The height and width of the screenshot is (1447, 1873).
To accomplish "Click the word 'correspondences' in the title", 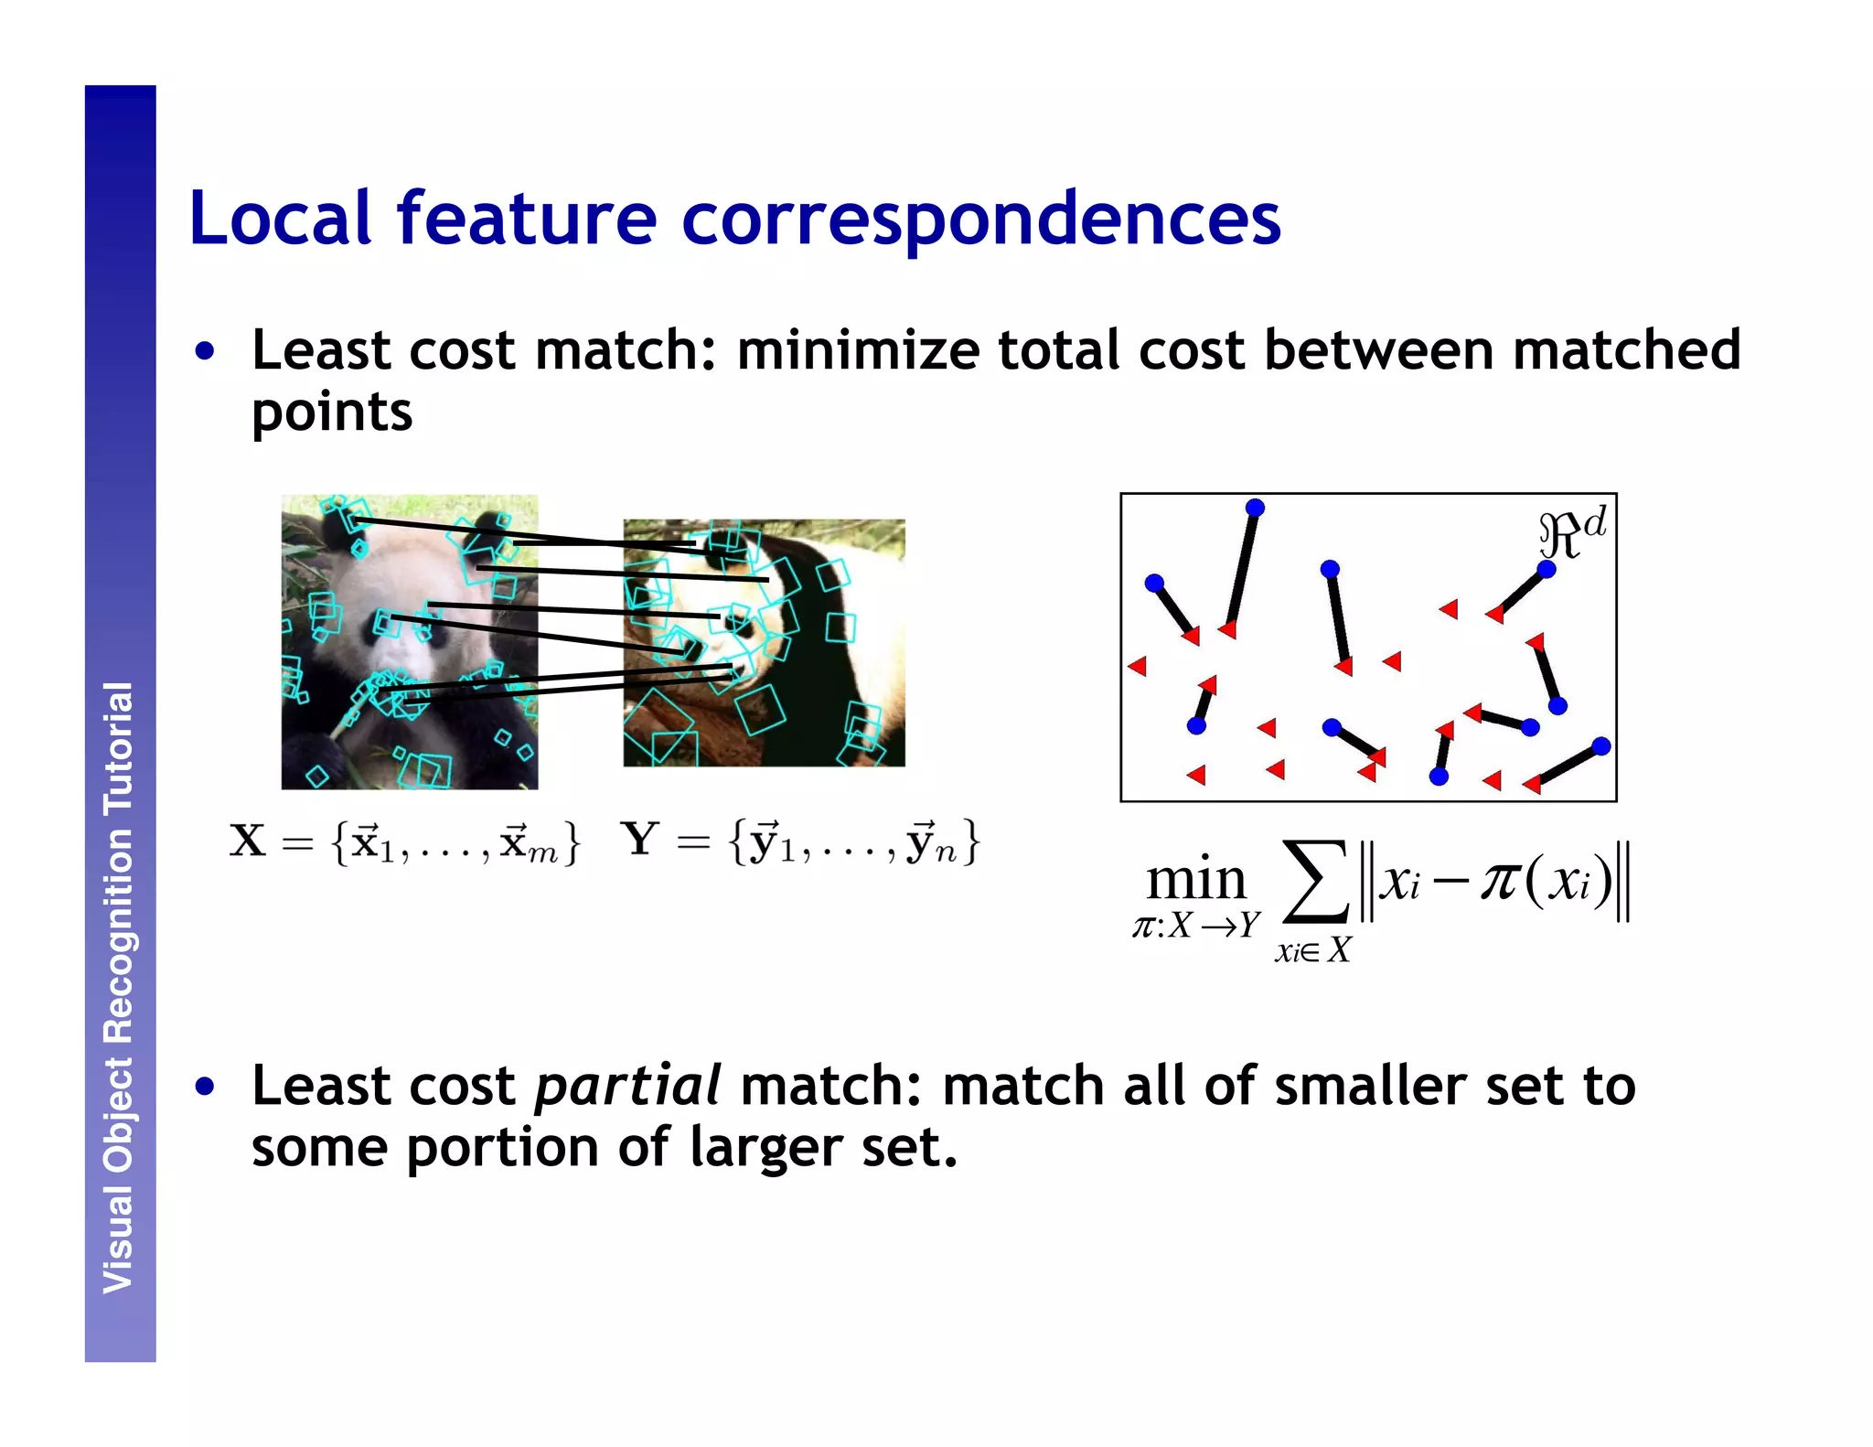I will (x=980, y=220).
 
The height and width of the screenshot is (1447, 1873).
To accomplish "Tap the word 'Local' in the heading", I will (x=280, y=220).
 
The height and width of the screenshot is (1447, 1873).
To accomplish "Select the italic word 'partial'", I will (x=627, y=1086).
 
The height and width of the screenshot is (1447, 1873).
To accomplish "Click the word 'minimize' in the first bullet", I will (x=857, y=350).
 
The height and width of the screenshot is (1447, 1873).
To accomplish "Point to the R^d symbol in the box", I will (x=1572, y=533).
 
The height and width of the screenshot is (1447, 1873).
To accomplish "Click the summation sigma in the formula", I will (x=1315, y=882).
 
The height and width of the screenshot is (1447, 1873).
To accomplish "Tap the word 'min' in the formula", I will (x=1196, y=880).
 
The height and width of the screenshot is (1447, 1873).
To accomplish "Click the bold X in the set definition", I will (x=248, y=841).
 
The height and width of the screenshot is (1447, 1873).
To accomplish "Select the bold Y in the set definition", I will (x=639, y=840).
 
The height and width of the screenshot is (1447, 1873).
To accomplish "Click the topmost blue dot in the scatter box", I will (x=1255, y=508).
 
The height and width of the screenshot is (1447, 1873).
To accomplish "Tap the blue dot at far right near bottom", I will (x=1600, y=746).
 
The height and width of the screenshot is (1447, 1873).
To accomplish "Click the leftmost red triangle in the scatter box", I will (x=1138, y=666).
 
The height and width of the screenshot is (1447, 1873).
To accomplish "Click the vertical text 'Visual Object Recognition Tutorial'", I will (x=119, y=988).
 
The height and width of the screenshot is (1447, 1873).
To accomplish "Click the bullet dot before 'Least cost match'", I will (x=205, y=351).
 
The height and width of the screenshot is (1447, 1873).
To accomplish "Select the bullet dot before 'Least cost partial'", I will (x=205, y=1087).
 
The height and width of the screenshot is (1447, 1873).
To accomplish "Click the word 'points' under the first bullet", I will (x=332, y=413).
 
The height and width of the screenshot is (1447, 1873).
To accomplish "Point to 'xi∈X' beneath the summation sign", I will (x=1312, y=951).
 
